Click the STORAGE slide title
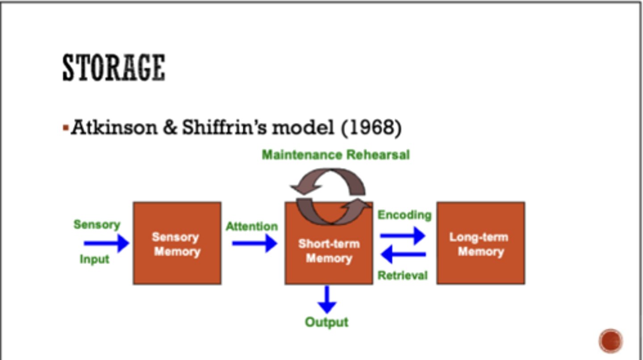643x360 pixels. coord(113,68)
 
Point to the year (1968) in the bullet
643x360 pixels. coord(371,128)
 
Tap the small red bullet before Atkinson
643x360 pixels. coord(66,129)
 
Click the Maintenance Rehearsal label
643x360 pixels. coord(335,155)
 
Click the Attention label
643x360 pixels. coord(251,226)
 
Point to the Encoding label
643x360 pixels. coord(405,215)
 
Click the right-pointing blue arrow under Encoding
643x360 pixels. coord(402,235)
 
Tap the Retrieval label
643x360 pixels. coord(402,276)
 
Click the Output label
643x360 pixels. coord(326,322)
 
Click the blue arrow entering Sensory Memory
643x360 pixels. coord(106,243)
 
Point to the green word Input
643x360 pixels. coord(94,259)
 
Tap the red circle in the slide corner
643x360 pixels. coord(610,341)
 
